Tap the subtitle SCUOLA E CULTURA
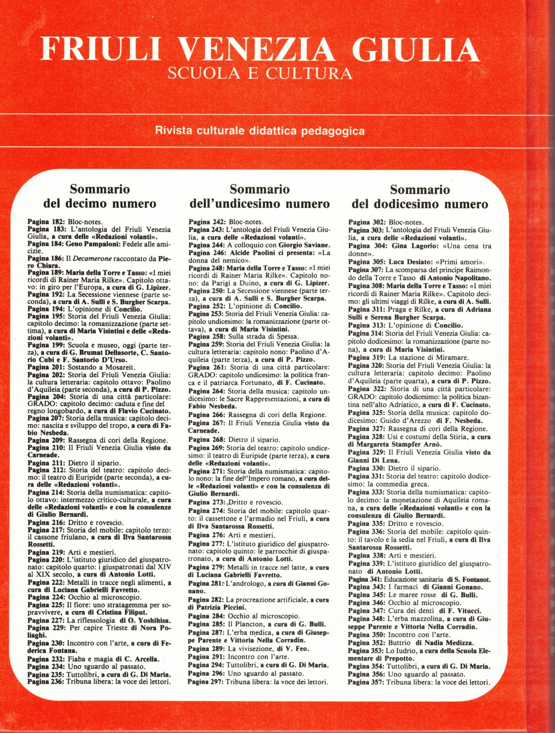[x=260, y=73]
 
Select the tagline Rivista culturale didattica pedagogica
[x=260, y=131]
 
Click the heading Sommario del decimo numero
[x=100, y=196]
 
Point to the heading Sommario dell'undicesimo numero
[x=259, y=196]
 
